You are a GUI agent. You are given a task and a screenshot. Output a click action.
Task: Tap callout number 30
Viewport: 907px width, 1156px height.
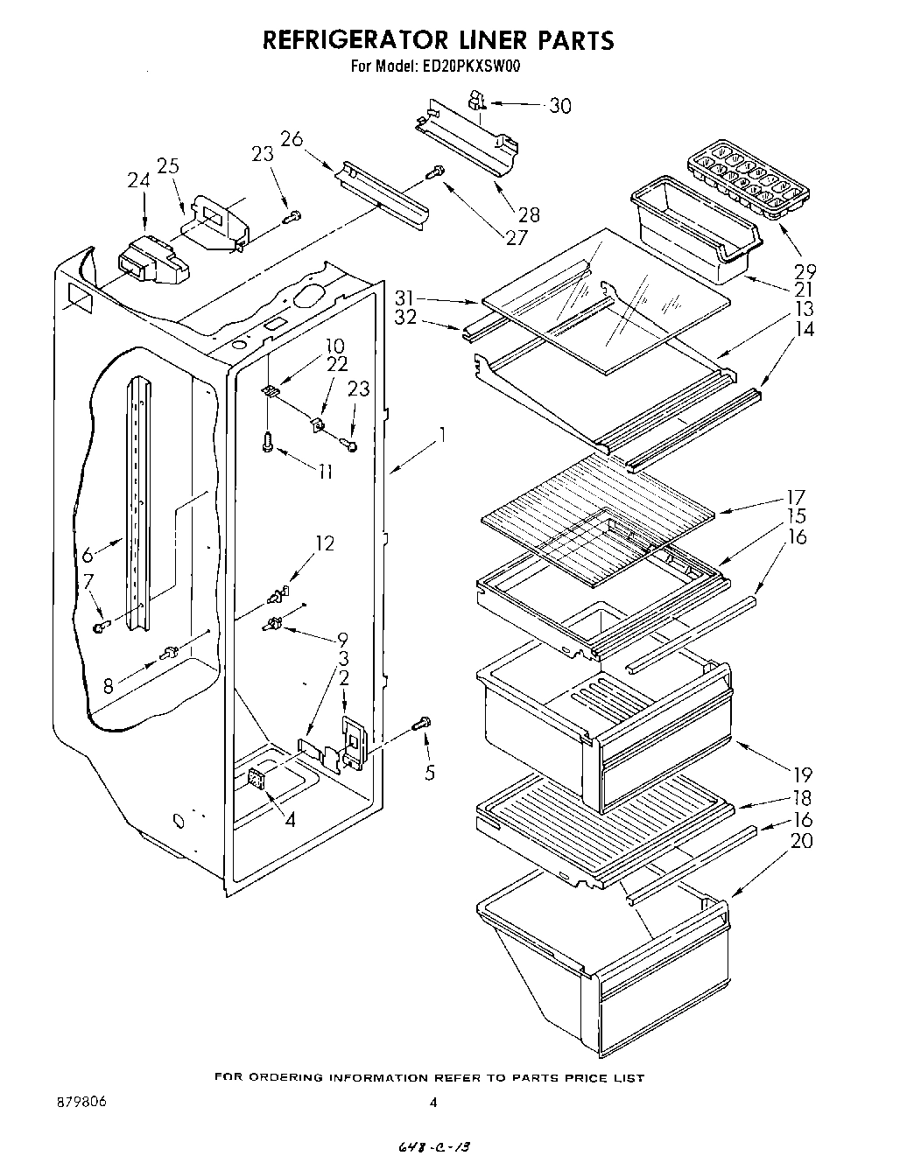[559, 106]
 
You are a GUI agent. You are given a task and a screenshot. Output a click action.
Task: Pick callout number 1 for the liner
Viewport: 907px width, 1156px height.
[444, 433]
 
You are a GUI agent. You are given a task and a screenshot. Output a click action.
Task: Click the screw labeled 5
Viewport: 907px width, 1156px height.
[423, 724]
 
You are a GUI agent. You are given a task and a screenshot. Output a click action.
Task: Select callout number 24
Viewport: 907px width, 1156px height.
[138, 181]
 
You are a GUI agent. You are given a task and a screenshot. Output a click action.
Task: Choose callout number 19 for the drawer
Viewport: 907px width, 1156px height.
[802, 774]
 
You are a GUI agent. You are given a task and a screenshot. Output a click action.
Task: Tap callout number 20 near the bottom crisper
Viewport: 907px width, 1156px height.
[802, 841]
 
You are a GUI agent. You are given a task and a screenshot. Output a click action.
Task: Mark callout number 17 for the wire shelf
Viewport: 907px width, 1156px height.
[797, 497]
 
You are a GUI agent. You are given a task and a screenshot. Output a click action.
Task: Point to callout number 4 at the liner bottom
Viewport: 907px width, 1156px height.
[289, 820]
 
